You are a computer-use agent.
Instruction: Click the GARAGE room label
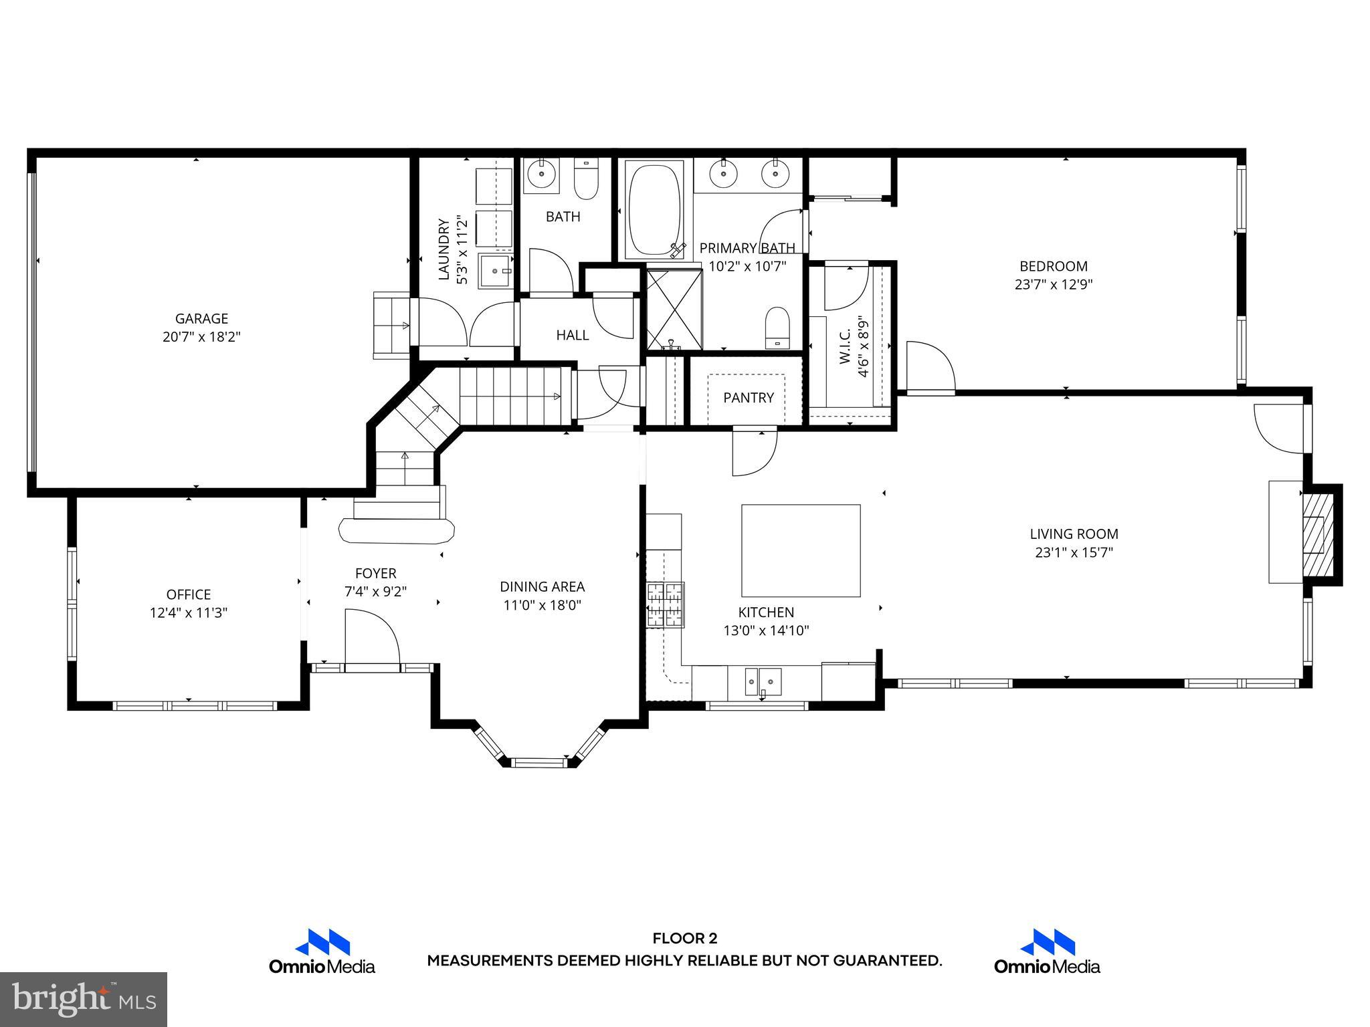201,319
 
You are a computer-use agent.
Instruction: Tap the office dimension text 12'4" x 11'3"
189,612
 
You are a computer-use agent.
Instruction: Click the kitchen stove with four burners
665,604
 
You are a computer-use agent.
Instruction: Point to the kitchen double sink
763,683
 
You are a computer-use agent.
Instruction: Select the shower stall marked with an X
674,309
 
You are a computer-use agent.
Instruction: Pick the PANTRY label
748,398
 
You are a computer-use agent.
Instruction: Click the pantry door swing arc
755,453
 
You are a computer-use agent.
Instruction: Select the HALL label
573,335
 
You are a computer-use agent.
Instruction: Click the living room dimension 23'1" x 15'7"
1074,552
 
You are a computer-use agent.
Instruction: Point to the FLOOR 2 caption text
684,938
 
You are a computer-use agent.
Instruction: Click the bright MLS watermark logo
84,999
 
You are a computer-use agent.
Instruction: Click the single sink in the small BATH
541,175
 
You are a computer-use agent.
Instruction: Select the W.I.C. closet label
845,346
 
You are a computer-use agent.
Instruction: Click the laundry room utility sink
496,271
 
